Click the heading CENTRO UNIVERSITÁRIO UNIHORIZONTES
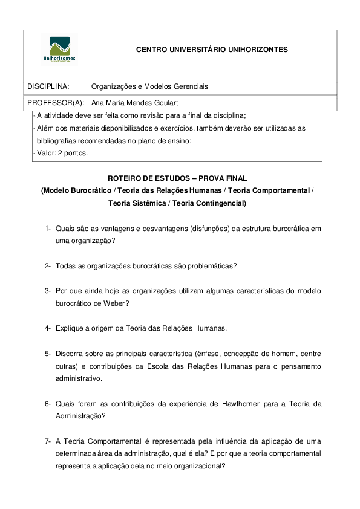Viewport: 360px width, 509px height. pos(212,50)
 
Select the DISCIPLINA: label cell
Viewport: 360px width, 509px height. pos(48,86)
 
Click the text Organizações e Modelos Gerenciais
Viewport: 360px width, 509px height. pos(149,86)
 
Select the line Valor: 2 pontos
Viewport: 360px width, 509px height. pos(62,153)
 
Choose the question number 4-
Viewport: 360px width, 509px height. pos(47,328)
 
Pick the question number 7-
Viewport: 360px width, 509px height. pos(47,441)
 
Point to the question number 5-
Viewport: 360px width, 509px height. pos(47,354)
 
